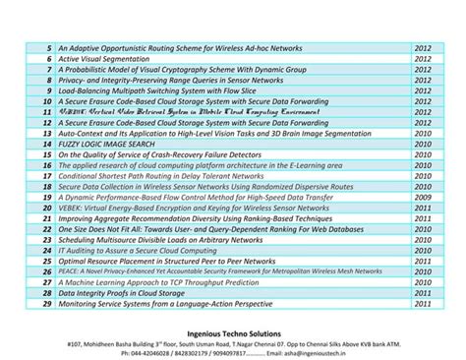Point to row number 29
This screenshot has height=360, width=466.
[x=46, y=305]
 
